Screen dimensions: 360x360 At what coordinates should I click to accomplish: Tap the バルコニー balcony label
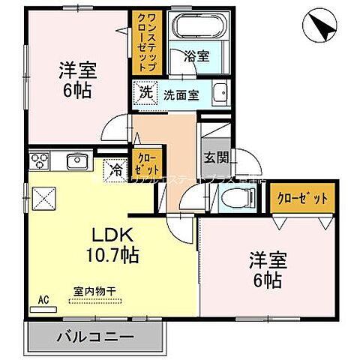point(95,337)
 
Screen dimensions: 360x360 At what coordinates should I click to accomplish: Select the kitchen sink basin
point(77,161)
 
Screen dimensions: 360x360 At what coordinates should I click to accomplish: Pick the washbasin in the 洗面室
point(220,96)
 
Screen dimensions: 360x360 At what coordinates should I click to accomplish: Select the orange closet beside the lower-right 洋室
point(301,198)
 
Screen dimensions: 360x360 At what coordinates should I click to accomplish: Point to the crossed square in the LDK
point(43,199)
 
